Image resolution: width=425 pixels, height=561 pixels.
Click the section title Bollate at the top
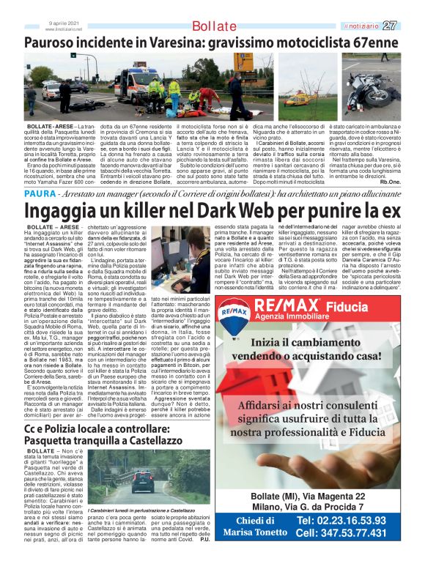[214, 27]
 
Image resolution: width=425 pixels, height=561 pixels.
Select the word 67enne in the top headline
[372, 43]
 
